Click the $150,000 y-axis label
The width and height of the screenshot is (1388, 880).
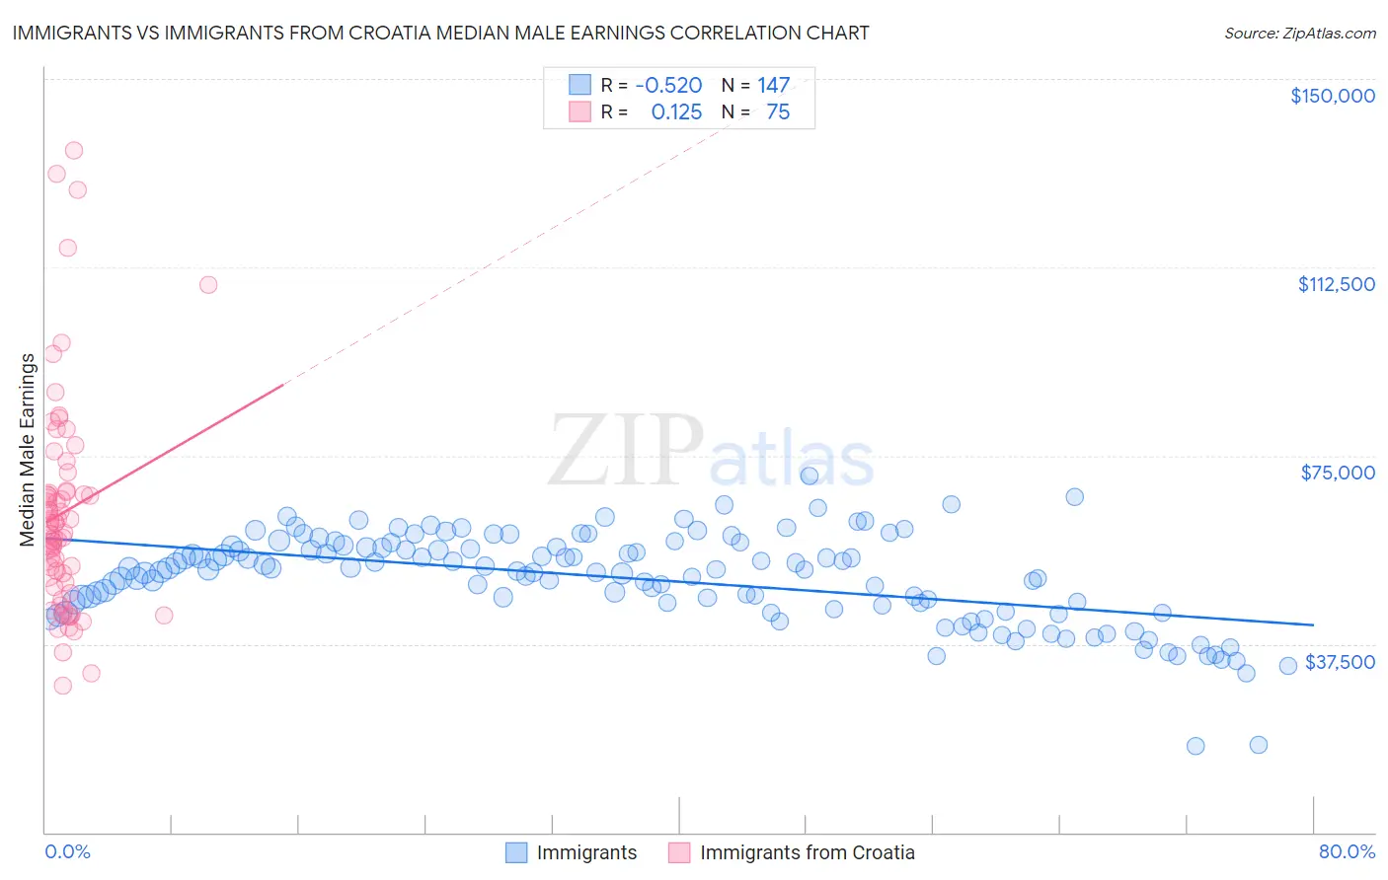(1332, 96)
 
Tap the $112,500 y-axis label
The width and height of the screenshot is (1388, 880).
(1336, 284)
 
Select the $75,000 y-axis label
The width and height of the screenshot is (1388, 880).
(1338, 473)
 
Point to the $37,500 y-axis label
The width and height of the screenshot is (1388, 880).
(1340, 662)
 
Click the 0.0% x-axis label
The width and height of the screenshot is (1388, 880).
(67, 851)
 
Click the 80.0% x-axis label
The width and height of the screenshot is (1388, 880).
(1347, 851)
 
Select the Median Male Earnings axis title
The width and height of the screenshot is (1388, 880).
(28, 449)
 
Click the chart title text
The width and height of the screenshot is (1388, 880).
(440, 33)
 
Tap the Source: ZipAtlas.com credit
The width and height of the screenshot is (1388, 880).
(1299, 34)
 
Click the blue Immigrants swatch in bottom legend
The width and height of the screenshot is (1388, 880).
(516, 852)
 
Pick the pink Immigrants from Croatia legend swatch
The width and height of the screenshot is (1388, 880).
(679, 852)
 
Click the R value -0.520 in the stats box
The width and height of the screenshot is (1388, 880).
(668, 85)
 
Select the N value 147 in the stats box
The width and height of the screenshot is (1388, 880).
(773, 85)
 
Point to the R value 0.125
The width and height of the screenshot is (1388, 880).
(676, 112)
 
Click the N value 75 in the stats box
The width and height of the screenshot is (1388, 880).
(778, 112)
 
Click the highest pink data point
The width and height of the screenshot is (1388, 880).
(73, 151)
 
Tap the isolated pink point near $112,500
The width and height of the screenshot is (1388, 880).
(208, 285)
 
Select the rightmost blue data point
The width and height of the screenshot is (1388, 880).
(1287, 666)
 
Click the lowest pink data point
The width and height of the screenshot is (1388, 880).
(62, 686)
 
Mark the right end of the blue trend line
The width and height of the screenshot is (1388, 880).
(1313, 624)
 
